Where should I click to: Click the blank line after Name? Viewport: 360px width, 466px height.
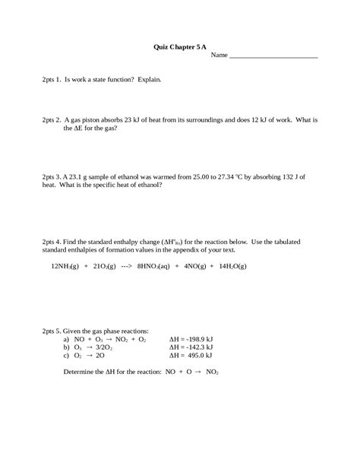click(273, 55)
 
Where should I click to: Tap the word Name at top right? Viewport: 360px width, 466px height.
click(219, 55)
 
